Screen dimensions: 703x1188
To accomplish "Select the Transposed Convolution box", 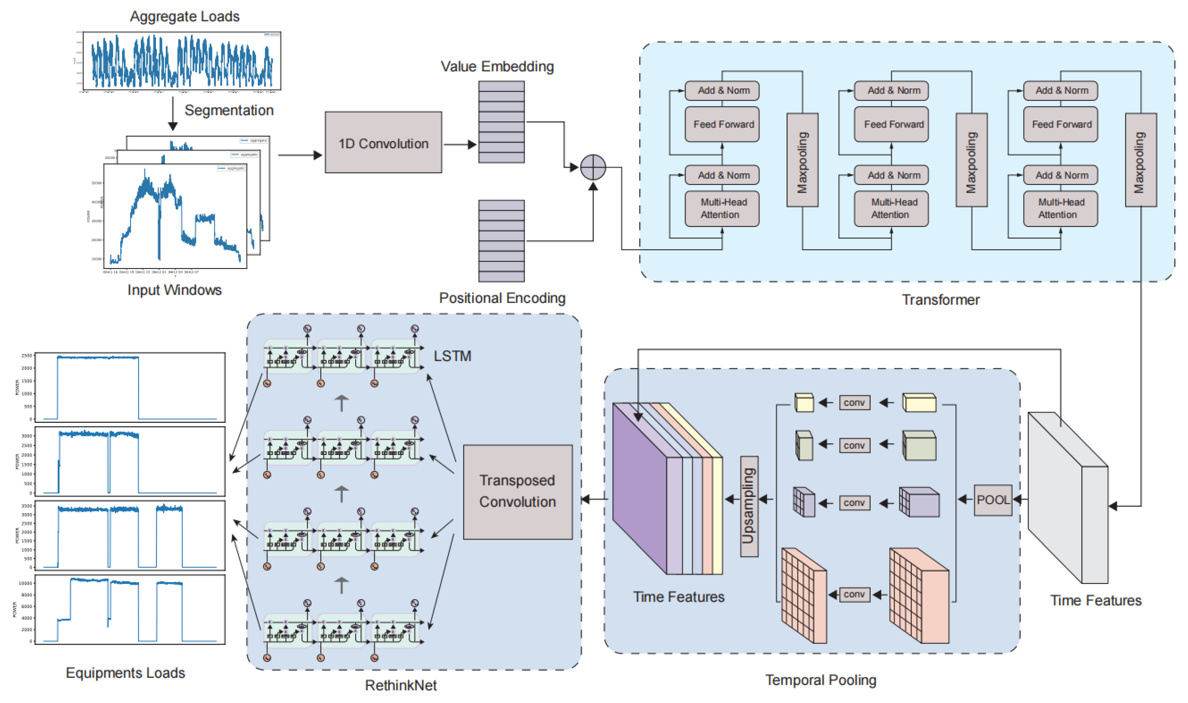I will pos(517,491).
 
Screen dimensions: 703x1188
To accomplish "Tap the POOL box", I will pos(993,500).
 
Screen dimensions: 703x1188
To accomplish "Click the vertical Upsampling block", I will pos(749,506).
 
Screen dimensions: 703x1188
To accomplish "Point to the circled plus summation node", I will pos(592,167).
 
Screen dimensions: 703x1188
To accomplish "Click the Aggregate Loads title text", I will pos(185,17).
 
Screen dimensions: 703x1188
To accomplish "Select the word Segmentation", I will pos(229,110).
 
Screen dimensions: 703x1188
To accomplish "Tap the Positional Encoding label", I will pos(502,298).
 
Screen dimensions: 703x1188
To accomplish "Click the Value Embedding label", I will pos(497,66).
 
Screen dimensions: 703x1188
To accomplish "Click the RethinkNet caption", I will pos(400,685).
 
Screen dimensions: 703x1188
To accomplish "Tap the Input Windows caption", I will pos(174,290).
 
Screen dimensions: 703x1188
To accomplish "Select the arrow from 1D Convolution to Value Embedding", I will pos(459,144).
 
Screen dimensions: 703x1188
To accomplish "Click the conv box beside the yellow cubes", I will pos(854,403).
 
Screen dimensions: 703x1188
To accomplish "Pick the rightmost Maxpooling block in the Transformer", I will pos(1140,160).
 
